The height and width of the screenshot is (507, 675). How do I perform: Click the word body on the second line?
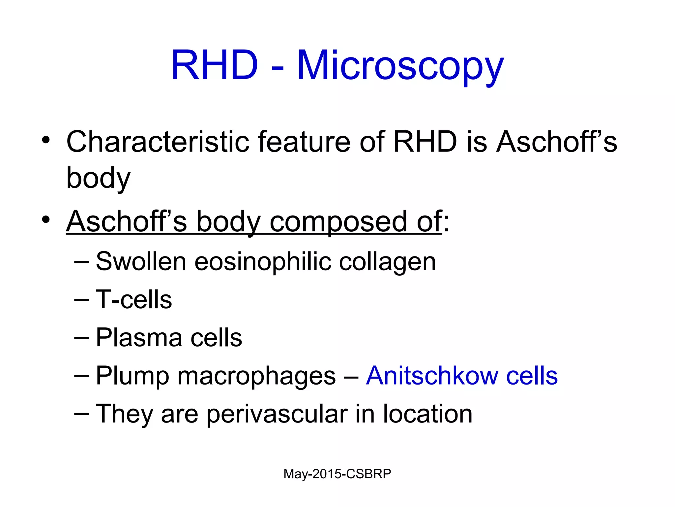point(98,178)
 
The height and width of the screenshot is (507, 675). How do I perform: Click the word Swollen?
point(141,261)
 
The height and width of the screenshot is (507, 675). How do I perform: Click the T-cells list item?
point(134,299)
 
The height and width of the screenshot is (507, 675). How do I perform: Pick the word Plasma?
point(139,338)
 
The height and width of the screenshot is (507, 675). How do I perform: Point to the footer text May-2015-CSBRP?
point(337,474)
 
